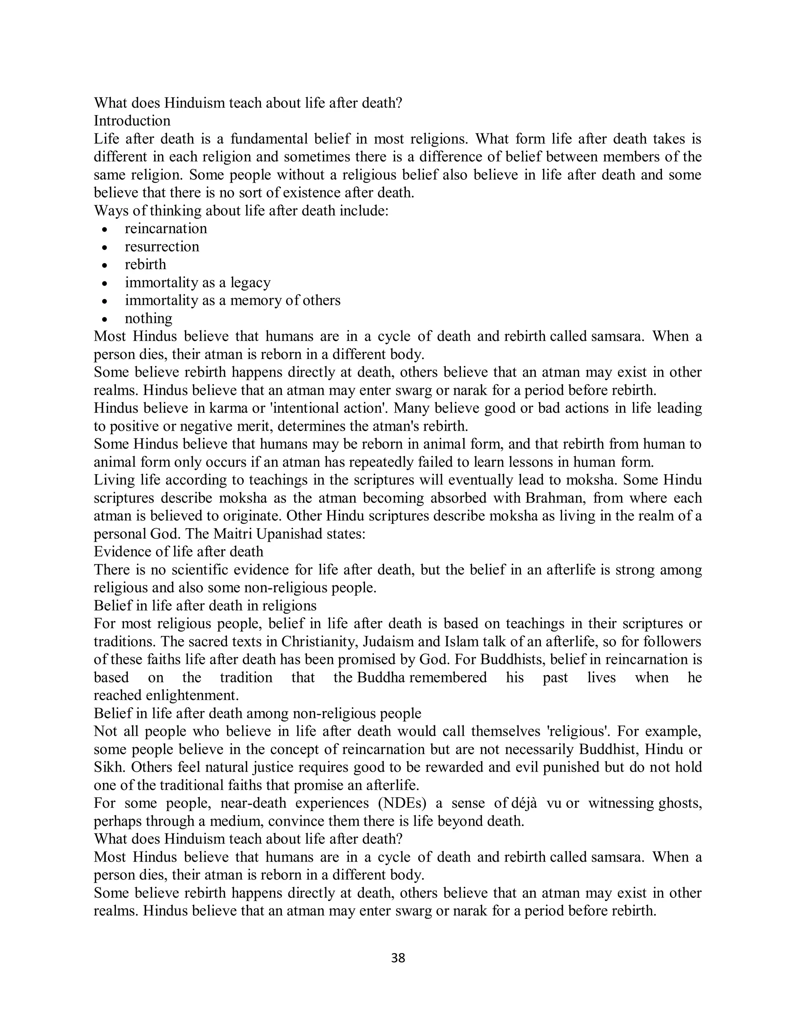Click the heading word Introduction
132,121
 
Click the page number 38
398,958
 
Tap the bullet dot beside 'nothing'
105,319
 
